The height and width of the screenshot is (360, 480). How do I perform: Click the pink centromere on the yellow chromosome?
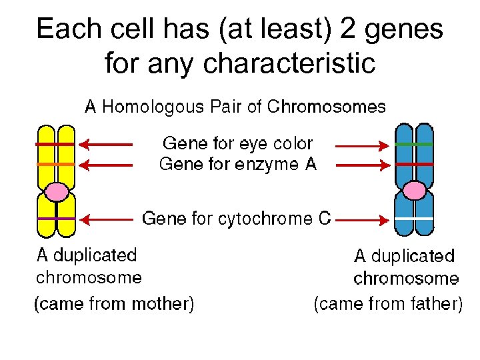tap(57, 192)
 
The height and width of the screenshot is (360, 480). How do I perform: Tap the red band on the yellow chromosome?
tap(56, 144)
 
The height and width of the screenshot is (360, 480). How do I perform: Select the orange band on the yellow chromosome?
tap(56, 164)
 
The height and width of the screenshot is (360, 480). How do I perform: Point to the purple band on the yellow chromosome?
tap(56, 219)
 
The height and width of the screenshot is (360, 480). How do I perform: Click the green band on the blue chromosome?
tap(414, 144)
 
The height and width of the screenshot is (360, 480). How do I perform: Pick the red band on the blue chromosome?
tap(414, 163)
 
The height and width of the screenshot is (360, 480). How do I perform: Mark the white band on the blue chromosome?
tap(414, 219)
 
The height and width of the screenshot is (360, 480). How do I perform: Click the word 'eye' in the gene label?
tap(253, 144)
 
